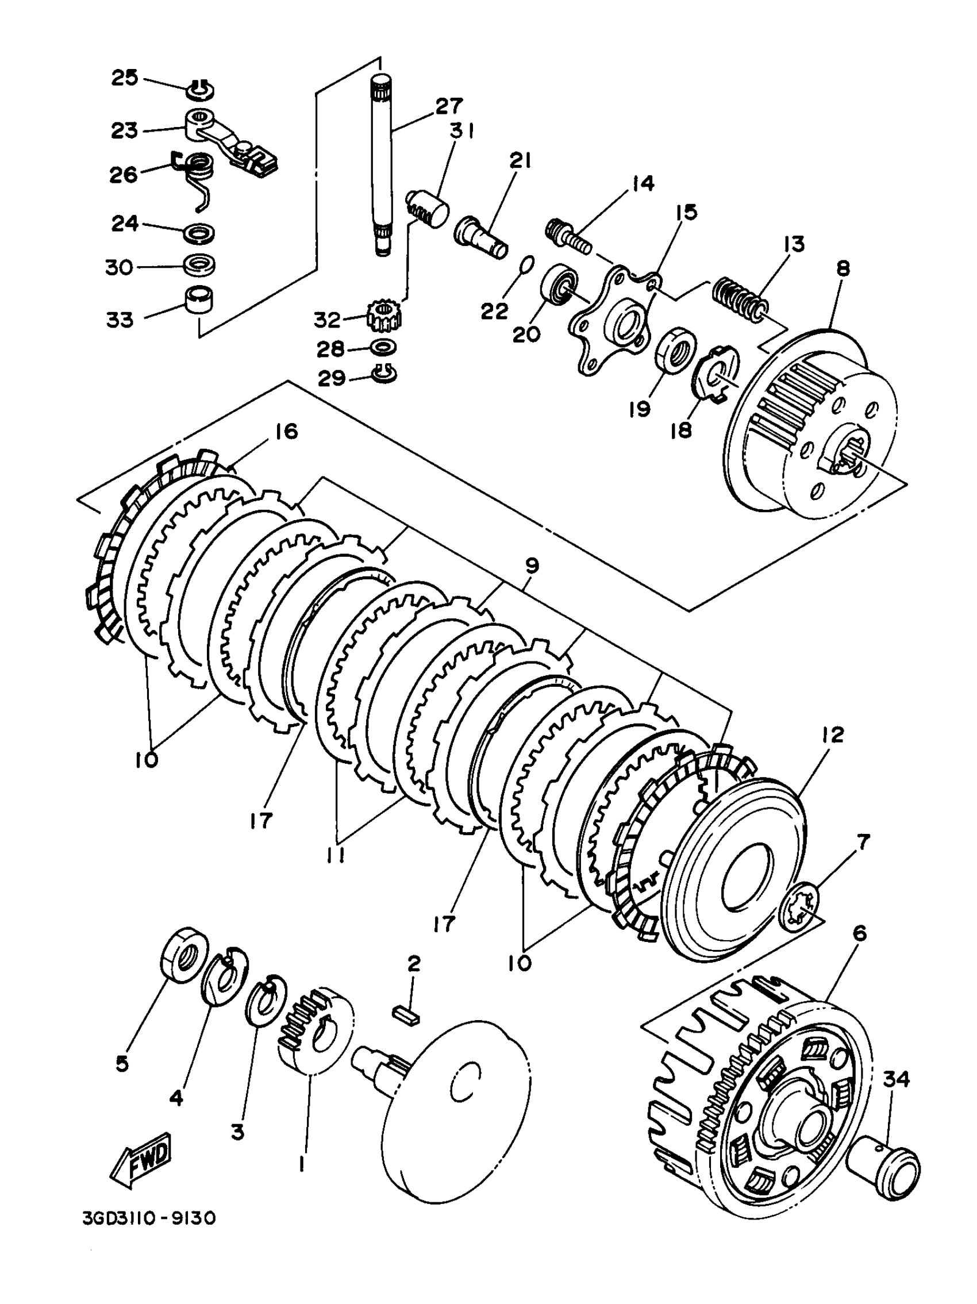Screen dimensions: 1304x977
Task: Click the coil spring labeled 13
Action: tap(741, 298)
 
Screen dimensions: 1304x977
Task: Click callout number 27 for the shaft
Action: tap(449, 106)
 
